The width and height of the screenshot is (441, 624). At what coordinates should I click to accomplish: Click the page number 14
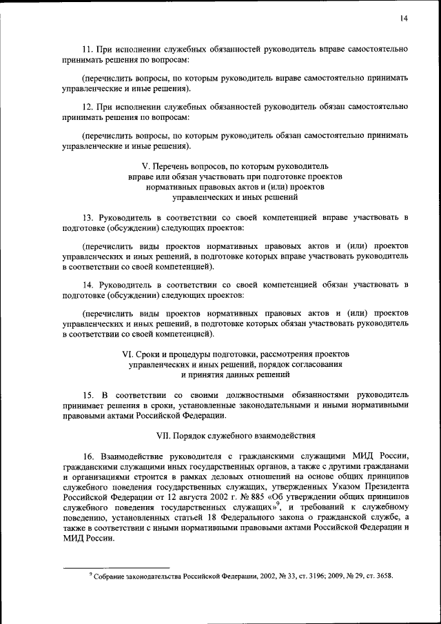coord(403,19)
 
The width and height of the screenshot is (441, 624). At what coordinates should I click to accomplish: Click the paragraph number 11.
coord(87,50)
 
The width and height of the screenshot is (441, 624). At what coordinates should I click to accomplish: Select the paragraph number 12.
coord(87,107)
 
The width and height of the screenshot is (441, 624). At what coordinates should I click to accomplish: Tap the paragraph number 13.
coord(87,218)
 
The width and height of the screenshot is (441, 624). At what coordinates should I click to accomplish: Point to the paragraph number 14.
coord(87,285)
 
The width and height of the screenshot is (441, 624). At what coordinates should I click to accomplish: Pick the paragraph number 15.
coord(88,394)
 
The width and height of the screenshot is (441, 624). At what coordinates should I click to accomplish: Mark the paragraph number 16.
coord(88,456)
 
